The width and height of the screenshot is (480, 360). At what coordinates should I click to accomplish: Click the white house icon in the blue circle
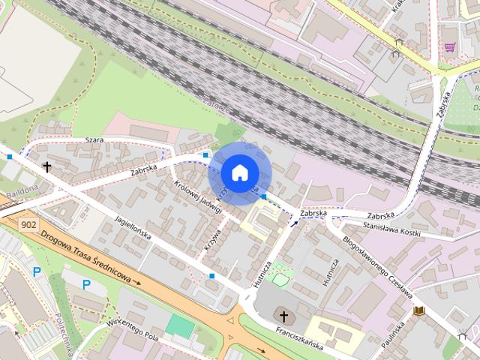click(239, 172)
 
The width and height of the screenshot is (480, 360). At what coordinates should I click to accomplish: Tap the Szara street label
click(94, 140)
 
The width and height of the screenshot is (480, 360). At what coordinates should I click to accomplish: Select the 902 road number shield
click(30, 224)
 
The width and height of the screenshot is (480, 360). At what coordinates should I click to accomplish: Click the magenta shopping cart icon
click(449, 46)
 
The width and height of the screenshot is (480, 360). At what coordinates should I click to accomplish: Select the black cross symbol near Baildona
click(46, 166)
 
